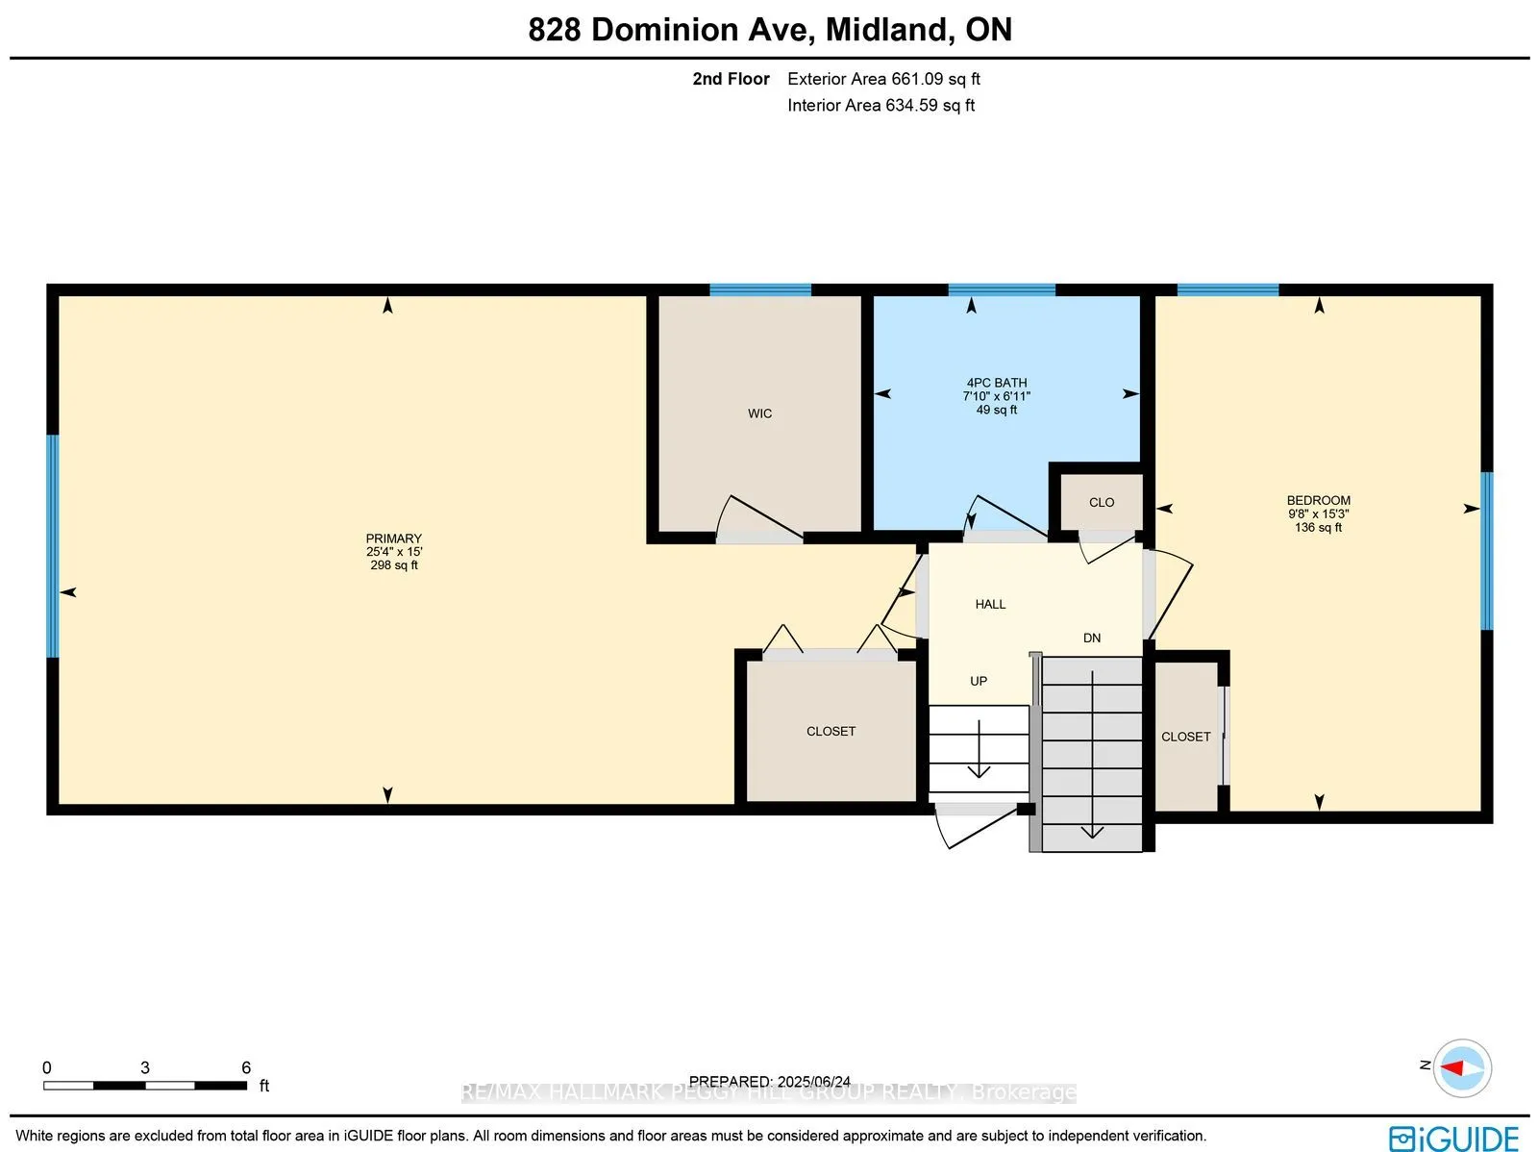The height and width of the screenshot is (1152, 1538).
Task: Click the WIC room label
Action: tap(759, 413)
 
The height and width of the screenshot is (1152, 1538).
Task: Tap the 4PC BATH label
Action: tap(997, 383)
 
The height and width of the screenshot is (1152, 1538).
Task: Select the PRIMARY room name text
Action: tap(394, 538)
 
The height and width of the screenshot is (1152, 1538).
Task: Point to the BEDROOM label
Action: tap(1318, 500)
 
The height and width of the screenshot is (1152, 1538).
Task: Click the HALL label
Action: tap(990, 604)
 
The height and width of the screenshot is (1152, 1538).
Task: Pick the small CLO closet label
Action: tap(1102, 502)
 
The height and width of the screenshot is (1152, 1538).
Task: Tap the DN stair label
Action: tap(1092, 638)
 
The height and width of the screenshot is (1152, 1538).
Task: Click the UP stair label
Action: tap(979, 681)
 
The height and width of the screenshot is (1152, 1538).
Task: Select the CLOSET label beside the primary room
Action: tap(831, 732)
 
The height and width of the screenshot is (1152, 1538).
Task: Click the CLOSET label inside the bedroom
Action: tap(1185, 738)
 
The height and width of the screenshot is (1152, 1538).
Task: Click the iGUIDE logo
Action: tap(1454, 1138)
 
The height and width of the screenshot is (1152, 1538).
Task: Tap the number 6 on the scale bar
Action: tap(246, 1067)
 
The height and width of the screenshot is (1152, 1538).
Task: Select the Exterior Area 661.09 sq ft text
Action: tap(883, 79)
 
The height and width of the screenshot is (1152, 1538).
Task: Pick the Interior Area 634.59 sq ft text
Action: tap(881, 105)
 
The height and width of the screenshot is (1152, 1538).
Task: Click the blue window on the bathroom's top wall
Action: tap(1002, 290)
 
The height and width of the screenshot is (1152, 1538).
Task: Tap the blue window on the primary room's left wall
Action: tap(53, 546)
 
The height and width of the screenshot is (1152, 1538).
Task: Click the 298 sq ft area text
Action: tap(394, 564)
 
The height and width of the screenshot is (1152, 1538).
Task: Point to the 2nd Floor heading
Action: tap(731, 79)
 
